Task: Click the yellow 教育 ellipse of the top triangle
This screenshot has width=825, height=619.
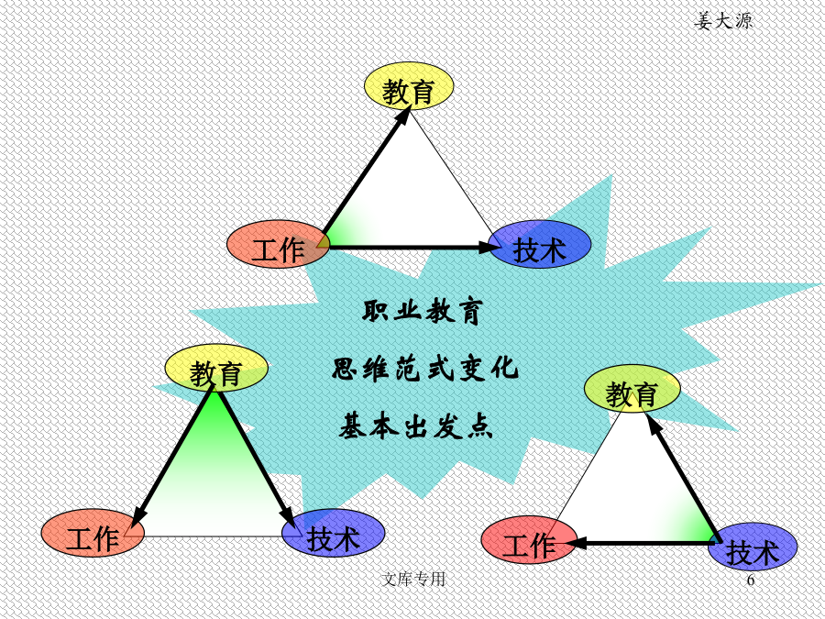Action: click(409, 86)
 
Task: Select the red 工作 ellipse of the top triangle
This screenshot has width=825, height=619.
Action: click(279, 244)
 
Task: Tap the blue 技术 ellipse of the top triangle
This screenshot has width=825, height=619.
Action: click(540, 244)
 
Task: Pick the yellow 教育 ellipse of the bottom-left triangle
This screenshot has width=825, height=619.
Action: click(216, 368)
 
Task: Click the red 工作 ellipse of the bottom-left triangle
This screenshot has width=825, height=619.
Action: click(93, 533)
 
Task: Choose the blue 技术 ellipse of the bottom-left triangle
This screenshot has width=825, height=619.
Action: click(334, 533)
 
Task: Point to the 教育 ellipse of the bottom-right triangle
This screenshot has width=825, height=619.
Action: click(632, 389)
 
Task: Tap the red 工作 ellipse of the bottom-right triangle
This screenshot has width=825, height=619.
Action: click(529, 539)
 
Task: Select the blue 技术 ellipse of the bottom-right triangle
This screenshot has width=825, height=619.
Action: click(753, 547)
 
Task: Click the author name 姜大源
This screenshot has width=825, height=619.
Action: click(723, 21)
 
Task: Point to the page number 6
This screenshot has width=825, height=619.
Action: click(751, 580)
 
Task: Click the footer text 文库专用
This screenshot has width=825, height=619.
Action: click(413, 579)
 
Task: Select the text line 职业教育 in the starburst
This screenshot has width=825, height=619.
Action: click(423, 312)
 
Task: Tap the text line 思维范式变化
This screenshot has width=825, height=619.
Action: click(425, 368)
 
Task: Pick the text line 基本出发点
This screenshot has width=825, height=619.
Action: click(415, 426)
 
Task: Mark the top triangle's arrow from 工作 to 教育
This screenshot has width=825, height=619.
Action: click(366, 171)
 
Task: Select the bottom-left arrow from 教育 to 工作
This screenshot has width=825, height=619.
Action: click(172, 457)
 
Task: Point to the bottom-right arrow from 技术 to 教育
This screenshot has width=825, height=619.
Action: click(682, 478)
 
